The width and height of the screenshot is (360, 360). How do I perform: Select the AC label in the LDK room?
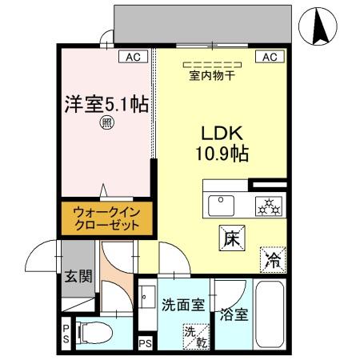[x=269, y=57]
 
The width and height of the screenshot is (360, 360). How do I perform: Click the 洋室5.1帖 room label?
[x=106, y=104]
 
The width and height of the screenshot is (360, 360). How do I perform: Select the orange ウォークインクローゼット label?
[x=105, y=219]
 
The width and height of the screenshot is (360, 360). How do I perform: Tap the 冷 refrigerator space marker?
[x=271, y=259]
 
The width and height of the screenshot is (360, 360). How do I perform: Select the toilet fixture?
[x=91, y=332]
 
